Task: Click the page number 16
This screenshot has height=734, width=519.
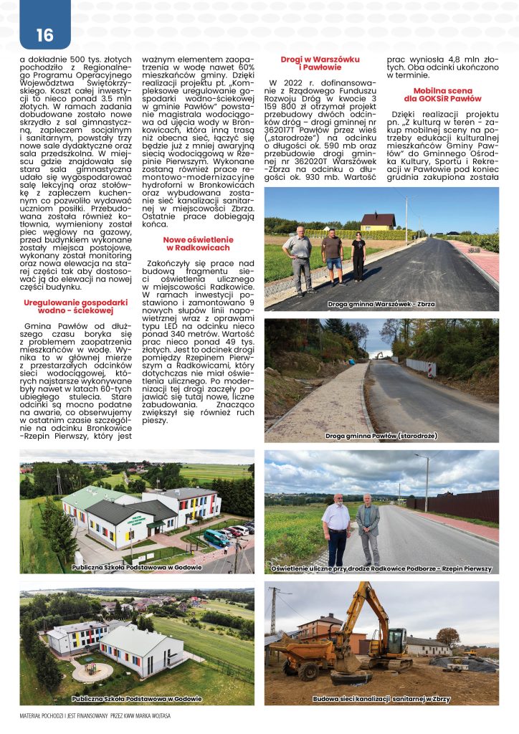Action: click(44, 34)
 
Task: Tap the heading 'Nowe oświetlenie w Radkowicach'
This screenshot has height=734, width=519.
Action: click(196, 243)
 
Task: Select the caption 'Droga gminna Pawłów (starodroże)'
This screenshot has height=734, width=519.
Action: click(381, 436)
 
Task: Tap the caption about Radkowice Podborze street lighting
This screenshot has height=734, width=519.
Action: click(381, 568)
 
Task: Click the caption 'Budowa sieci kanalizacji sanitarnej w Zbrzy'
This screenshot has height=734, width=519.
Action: click(381, 698)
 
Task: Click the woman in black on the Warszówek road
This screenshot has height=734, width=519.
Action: click(358, 258)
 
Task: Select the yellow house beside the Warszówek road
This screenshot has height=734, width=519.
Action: click(377, 221)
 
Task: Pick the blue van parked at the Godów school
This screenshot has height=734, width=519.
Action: click(216, 536)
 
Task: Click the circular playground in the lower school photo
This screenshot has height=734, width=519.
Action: click(91, 671)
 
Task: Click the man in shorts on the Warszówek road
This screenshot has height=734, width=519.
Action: click(331, 257)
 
